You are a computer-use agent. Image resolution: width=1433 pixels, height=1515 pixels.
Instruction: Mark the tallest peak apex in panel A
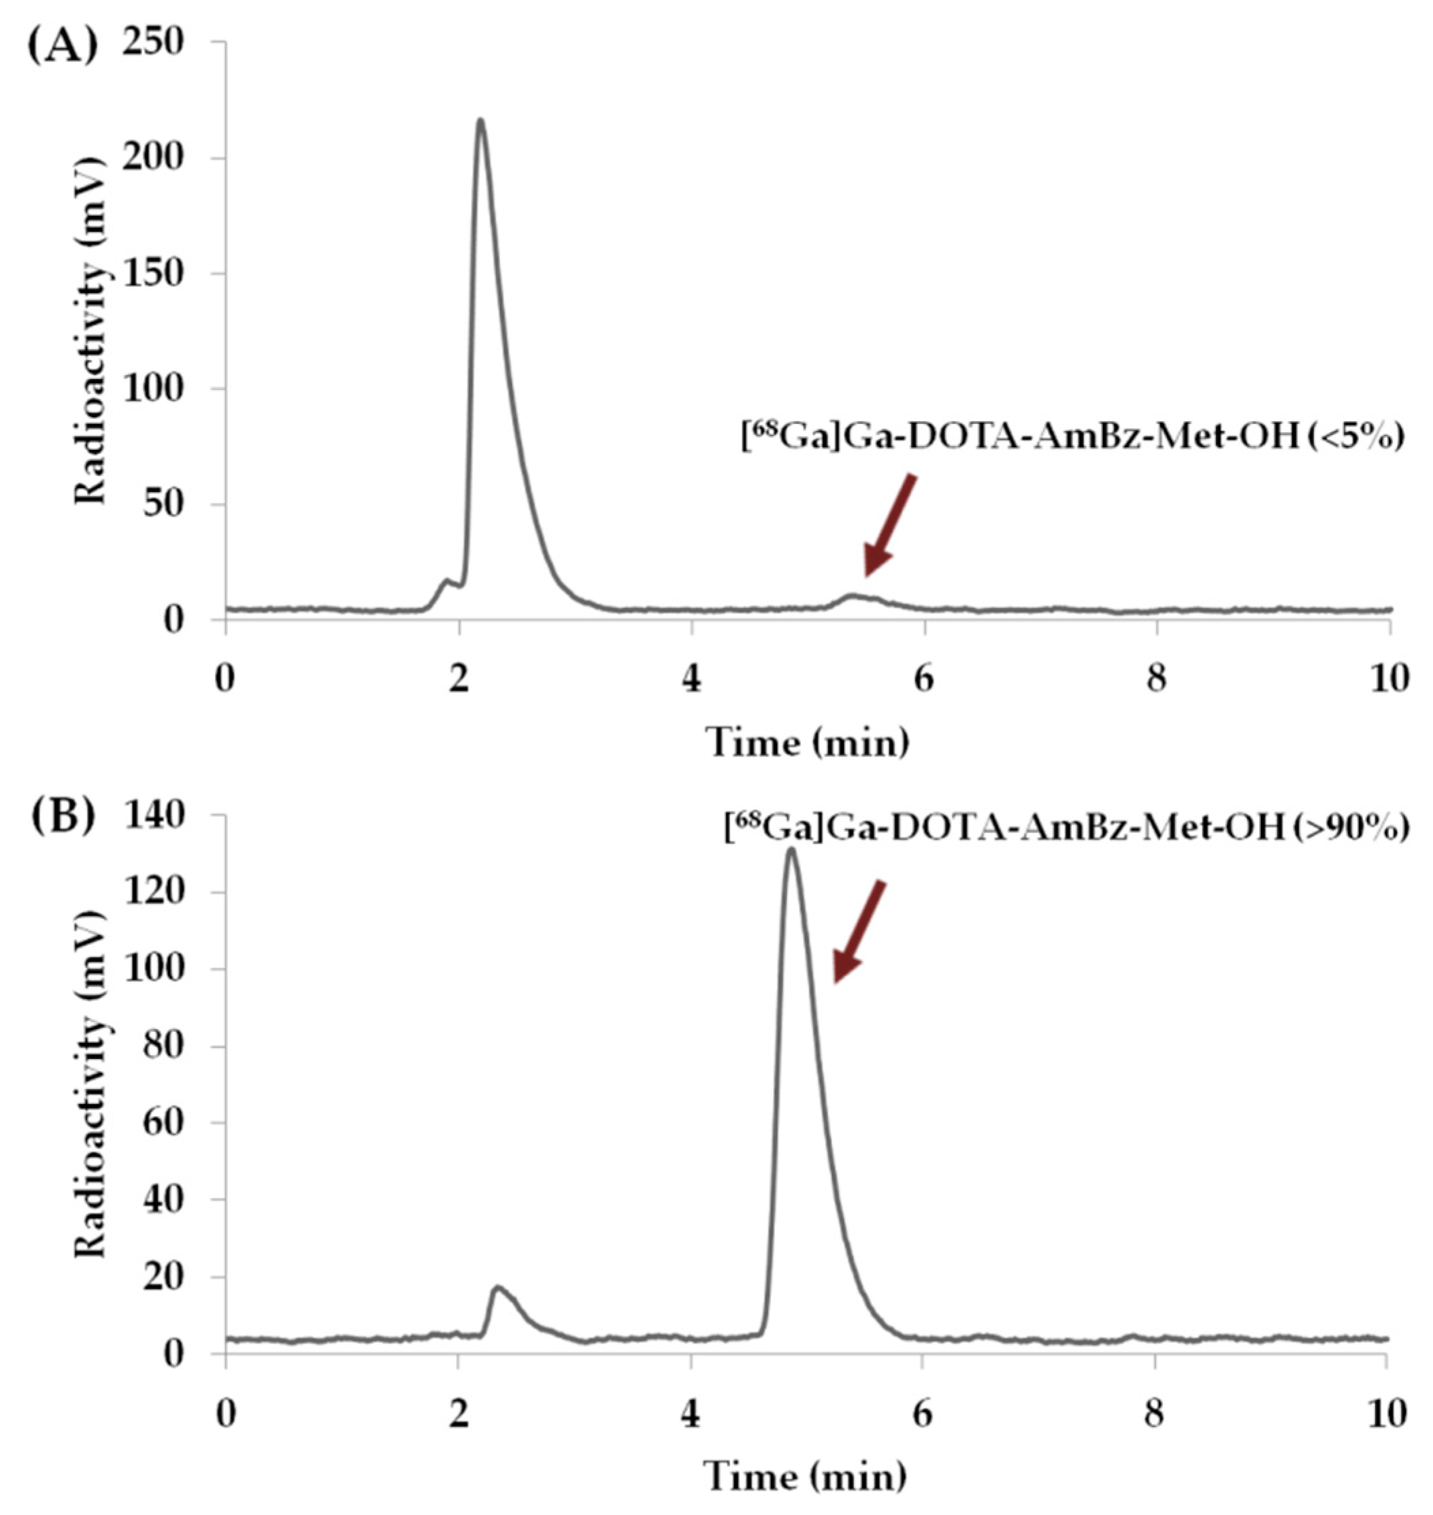480,120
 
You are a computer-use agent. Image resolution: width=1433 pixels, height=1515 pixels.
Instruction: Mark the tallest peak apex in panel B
791,849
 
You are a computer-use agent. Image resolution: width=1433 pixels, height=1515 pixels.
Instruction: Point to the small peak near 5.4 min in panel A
853,595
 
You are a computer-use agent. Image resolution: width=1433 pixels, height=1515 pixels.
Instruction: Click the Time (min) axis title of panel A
808,741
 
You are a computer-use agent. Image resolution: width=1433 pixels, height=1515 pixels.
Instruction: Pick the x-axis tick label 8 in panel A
1157,680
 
